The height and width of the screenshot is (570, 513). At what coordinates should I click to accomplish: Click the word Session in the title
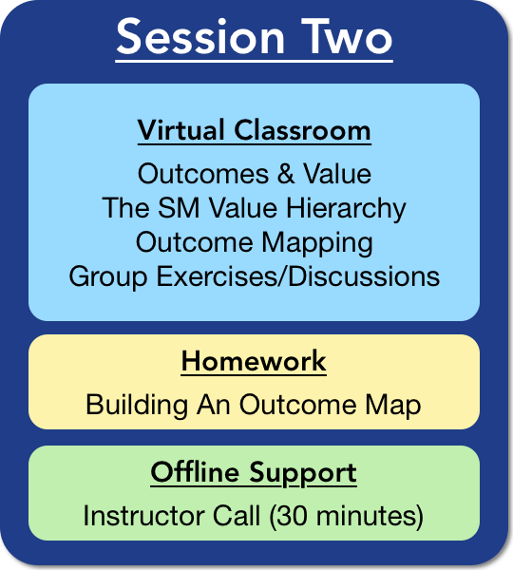(x=200, y=37)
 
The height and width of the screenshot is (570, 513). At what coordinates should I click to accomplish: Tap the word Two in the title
(x=347, y=37)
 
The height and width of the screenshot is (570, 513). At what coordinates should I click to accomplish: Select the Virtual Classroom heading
(x=255, y=130)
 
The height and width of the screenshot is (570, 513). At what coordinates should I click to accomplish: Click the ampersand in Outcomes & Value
(x=286, y=174)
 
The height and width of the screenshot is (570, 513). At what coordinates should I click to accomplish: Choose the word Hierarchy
(x=346, y=208)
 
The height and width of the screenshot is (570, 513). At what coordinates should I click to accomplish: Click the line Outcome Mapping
(x=255, y=243)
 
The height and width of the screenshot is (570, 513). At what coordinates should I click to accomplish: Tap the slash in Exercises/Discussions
(x=283, y=276)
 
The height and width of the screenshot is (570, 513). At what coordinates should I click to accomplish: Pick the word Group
(x=108, y=277)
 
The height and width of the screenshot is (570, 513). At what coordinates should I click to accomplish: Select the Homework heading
(x=254, y=361)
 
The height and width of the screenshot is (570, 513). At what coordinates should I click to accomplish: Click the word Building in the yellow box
(x=137, y=405)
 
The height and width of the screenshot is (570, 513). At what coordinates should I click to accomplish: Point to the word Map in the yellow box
(x=393, y=406)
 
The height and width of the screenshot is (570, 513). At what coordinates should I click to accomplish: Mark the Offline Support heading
(x=254, y=472)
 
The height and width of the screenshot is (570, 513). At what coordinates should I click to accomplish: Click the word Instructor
(x=144, y=516)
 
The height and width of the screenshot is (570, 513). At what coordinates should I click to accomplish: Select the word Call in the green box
(x=237, y=516)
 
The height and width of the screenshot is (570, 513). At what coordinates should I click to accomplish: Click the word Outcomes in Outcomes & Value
(x=203, y=174)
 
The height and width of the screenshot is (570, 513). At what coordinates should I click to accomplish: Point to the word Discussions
(x=364, y=276)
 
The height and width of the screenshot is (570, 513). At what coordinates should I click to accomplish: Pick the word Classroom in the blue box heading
(x=302, y=130)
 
